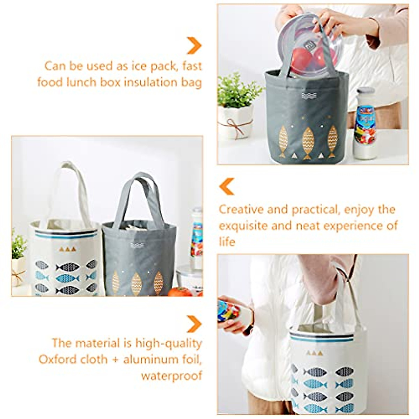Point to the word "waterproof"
(x=171, y=376)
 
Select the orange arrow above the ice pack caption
(x=194, y=45)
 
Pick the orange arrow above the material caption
(x=194, y=324)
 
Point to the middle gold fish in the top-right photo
(x=308, y=141)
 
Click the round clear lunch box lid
(x=307, y=45)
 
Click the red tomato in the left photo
(x=180, y=292)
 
